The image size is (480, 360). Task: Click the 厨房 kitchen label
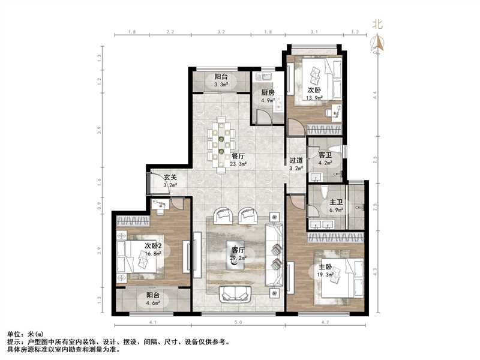click(268, 92)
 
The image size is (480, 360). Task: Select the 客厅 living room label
click(238, 250)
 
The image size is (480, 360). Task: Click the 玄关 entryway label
click(170, 177)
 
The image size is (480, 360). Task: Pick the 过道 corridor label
click(295, 160)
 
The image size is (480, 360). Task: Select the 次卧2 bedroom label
click(153, 245)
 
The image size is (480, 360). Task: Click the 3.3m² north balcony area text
click(221, 85)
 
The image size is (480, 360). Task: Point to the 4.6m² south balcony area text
click(154, 304)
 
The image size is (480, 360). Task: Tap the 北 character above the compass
click(377, 24)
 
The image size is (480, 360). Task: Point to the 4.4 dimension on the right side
click(375, 94)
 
